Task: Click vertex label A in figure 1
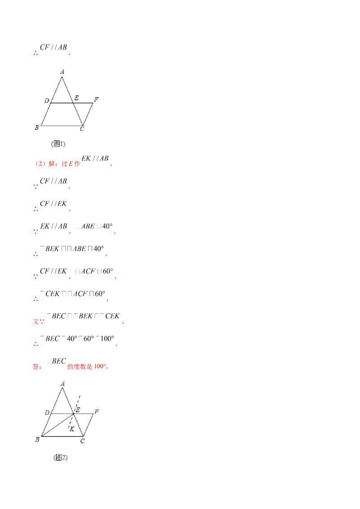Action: [x=62, y=71]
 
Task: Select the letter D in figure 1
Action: [x=46, y=100]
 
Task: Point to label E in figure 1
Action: [x=76, y=98]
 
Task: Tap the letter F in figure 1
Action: [x=96, y=98]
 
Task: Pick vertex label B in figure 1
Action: [x=37, y=128]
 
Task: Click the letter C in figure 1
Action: [x=82, y=129]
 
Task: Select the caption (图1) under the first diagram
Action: [x=58, y=144]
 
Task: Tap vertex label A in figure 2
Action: [x=62, y=384]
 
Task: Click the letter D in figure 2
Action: [x=47, y=413]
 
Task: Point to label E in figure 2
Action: [x=77, y=410]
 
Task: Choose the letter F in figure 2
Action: [x=96, y=411]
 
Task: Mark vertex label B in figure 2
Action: [x=37, y=440]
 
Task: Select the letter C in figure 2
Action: [x=82, y=441]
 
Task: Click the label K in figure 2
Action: [x=72, y=429]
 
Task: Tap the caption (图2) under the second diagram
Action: [x=60, y=457]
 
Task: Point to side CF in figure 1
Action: [x=88, y=114]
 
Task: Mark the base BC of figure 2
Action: [x=62, y=436]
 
